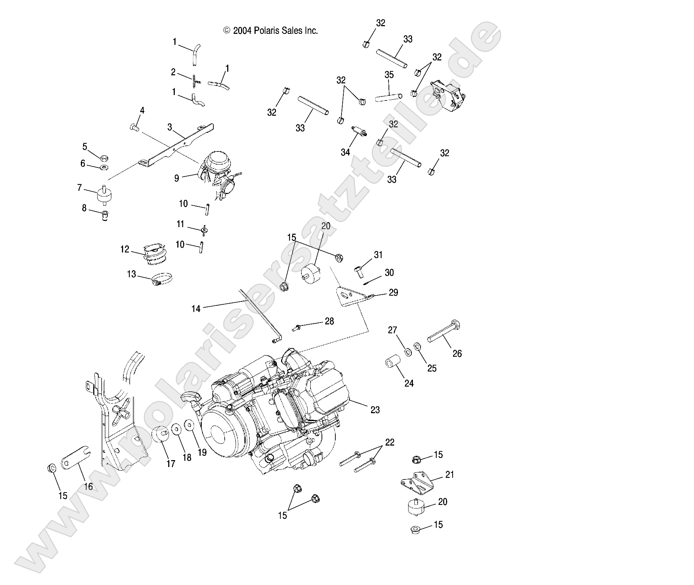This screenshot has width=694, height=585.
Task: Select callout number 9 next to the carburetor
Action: point(177,178)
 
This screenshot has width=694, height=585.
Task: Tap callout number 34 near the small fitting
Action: point(345,152)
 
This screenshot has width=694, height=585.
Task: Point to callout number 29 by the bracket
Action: point(393,292)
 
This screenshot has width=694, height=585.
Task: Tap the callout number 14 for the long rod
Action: point(196,309)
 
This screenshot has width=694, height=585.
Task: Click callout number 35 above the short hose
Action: point(389,75)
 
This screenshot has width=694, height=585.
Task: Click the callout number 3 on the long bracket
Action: point(170,127)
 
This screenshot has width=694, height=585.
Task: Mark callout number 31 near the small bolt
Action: point(378,255)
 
